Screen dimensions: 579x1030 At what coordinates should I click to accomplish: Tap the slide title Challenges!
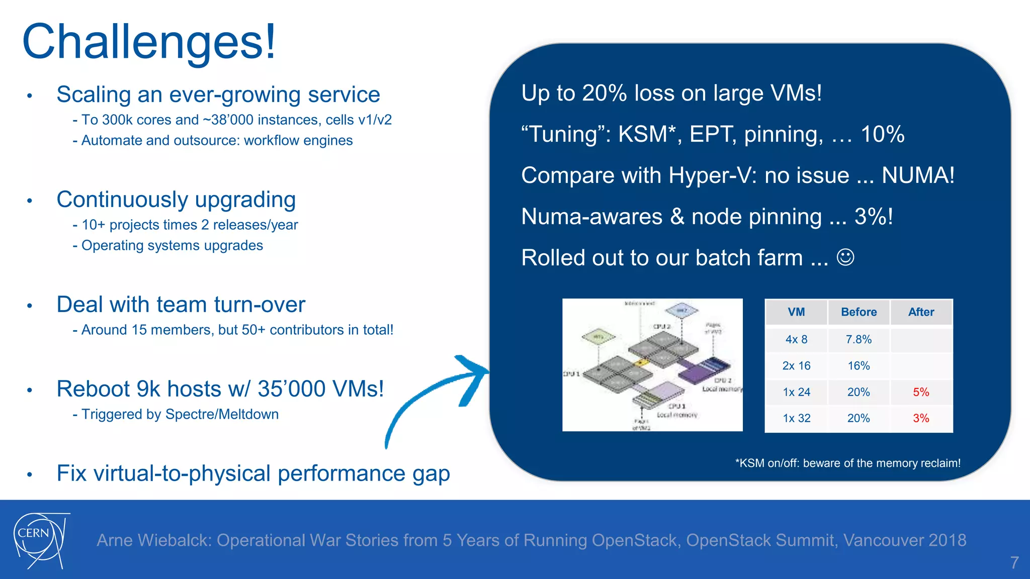(149, 41)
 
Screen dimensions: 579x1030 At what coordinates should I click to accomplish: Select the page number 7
(1014, 562)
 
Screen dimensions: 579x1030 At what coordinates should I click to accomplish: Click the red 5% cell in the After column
(921, 392)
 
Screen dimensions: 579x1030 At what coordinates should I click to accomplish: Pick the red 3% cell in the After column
(921, 418)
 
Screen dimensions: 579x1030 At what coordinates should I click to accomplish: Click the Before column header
(859, 312)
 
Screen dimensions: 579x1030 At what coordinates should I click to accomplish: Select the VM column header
(796, 312)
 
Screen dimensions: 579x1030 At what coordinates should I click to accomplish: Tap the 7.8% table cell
(859, 339)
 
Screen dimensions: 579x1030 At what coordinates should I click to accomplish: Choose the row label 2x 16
(796, 366)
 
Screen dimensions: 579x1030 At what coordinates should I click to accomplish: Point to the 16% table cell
(859, 366)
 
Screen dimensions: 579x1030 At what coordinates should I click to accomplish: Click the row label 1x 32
(796, 418)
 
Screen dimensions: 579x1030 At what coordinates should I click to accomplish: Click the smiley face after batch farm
(845, 257)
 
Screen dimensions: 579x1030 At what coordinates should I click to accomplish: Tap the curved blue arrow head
(473, 374)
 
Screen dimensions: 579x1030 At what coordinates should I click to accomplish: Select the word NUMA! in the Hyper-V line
(918, 175)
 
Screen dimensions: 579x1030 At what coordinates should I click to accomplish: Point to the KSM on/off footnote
(847, 463)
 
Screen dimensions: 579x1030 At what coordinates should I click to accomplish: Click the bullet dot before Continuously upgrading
(30, 201)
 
